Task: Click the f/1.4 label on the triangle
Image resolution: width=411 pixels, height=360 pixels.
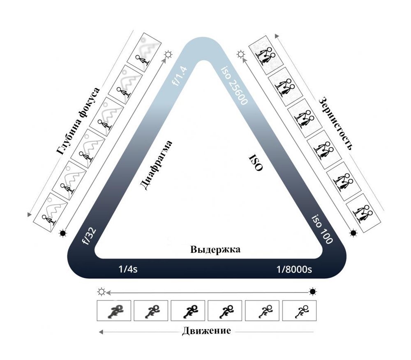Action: tap(180, 76)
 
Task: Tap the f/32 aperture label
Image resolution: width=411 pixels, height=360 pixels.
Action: tap(89, 237)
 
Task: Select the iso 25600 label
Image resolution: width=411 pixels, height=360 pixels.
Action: tap(234, 85)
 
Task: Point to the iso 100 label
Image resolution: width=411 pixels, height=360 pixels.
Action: tap(322, 229)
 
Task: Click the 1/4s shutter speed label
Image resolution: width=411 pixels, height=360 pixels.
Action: tap(128, 269)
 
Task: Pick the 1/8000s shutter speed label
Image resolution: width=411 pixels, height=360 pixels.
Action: tap(294, 269)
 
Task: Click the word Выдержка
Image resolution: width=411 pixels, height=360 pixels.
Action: tap(215, 249)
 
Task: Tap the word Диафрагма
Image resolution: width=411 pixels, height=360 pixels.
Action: tap(155, 165)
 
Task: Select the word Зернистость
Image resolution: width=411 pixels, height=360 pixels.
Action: tap(335, 123)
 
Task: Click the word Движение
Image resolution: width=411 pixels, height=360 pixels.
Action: tap(206, 331)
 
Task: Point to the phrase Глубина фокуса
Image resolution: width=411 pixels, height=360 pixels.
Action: tap(78, 121)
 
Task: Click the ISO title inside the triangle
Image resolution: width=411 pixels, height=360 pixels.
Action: tap(256, 162)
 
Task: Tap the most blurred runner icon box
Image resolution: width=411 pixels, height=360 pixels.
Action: tap(114, 311)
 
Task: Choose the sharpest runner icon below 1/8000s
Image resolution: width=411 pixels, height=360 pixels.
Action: tap(299, 311)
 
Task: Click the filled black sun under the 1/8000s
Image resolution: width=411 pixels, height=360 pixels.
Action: tap(312, 292)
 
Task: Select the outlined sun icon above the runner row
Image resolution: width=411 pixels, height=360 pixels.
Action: tap(102, 292)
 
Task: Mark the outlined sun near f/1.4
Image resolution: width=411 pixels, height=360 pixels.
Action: tap(168, 55)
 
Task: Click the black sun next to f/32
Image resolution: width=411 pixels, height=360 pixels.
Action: tap(63, 233)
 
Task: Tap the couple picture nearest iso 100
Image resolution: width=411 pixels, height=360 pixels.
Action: tap(363, 213)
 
